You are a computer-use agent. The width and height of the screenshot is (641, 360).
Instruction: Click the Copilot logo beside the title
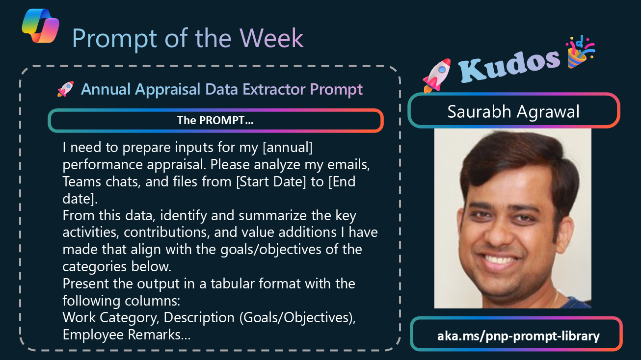[x=40, y=26]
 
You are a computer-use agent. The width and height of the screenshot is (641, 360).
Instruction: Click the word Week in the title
[x=271, y=38]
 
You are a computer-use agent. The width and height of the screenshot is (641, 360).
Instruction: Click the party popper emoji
[x=580, y=52]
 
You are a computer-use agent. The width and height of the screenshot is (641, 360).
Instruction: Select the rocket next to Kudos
[x=437, y=76]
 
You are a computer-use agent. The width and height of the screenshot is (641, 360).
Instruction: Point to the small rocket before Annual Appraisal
[x=66, y=89]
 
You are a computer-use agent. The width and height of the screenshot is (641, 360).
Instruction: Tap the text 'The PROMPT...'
[x=215, y=120]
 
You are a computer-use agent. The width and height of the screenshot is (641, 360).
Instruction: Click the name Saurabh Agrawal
[x=513, y=111]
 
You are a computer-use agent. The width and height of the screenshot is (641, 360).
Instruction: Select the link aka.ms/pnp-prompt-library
[x=518, y=336]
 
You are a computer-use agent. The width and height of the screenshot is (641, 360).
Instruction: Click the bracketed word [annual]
[x=288, y=148]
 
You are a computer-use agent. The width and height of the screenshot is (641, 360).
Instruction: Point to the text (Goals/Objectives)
[x=297, y=318]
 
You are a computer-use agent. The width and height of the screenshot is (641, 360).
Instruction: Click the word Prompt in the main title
[x=115, y=39]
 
